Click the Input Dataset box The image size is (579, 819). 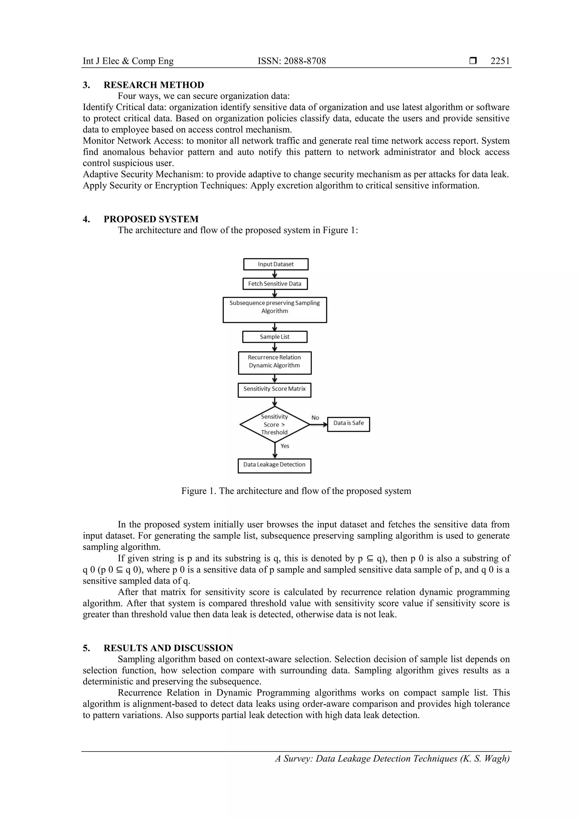pyautogui.click(x=275, y=264)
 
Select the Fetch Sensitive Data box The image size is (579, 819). pyautogui.click(x=275, y=284)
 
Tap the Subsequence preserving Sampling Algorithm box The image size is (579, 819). pyautogui.click(x=275, y=310)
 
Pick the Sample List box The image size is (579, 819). pyautogui.click(x=275, y=337)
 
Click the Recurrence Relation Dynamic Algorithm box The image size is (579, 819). pyautogui.click(x=275, y=363)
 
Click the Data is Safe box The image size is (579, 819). pyautogui.click(x=348, y=424)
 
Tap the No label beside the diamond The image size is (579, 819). pyautogui.click(x=315, y=418)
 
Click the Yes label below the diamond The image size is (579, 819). pyautogui.click(x=285, y=446)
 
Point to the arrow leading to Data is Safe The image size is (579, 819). pyautogui.click(x=318, y=424)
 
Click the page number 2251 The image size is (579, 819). pyautogui.click(x=500, y=61)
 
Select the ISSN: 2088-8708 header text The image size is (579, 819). pyautogui.click(x=291, y=61)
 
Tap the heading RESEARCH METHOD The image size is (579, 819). pyautogui.click(x=154, y=85)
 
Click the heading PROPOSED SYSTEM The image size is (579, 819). pyautogui.click(x=151, y=219)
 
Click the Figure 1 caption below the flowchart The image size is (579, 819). pyautogui.click(x=296, y=491)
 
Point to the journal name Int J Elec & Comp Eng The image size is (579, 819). pyautogui.click(x=128, y=61)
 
